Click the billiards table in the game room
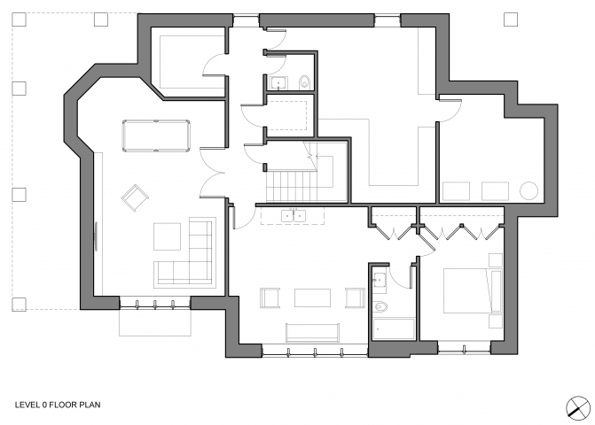click(x=156, y=136)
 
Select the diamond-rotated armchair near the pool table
click(x=135, y=197)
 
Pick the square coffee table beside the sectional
click(x=167, y=236)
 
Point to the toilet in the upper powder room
click(x=305, y=82)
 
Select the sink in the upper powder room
click(x=278, y=83)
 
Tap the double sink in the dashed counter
click(x=294, y=215)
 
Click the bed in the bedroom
click(x=473, y=291)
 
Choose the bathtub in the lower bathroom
click(x=394, y=329)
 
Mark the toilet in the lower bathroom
click(x=380, y=306)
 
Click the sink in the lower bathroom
click(x=380, y=281)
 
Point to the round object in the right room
click(x=529, y=191)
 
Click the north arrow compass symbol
click(x=578, y=408)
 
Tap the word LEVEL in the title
click(x=27, y=405)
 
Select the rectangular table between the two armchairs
click(x=312, y=297)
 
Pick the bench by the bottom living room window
click(x=312, y=333)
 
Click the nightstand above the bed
click(x=495, y=259)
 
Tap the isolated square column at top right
click(x=511, y=19)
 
